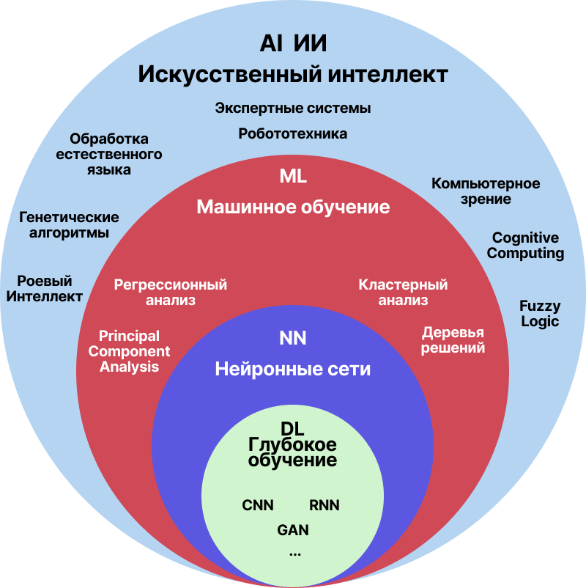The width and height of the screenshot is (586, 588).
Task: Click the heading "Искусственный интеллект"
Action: click(x=293, y=75)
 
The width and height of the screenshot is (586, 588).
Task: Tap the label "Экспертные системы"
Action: click(x=293, y=109)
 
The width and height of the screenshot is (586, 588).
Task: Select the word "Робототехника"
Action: click(x=293, y=134)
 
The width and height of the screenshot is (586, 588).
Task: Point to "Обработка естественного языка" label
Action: click(x=109, y=154)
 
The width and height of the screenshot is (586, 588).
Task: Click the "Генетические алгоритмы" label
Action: click(x=69, y=226)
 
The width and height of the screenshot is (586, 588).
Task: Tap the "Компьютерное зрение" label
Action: click(x=486, y=191)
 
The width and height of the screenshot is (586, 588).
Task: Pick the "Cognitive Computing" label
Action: click(x=525, y=246)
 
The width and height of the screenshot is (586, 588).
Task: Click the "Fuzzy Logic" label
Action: click(x=540, y=313)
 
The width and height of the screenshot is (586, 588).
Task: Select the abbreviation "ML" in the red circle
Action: click(x=293, y=177)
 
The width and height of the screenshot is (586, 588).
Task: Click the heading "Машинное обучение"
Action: click(x=293, y=207)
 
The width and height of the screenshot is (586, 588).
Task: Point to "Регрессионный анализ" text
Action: click(x=171, y=292)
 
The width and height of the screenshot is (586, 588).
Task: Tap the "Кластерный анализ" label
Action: click(x=403, y=292)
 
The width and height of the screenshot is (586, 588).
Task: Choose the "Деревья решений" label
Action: click(x=453, y=340)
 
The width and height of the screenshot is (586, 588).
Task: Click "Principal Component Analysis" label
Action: click(x=129, y=351)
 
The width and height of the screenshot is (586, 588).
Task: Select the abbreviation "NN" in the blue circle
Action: click(x=293, y=338)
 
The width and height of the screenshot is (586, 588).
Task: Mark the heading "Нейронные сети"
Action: click(x=293, y=370)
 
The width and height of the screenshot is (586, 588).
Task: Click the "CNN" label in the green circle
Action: click(x=258, y=505)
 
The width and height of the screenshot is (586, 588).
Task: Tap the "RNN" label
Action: click(x=324, y=505)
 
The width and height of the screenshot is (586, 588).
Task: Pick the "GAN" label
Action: click(x=293, y=529)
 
